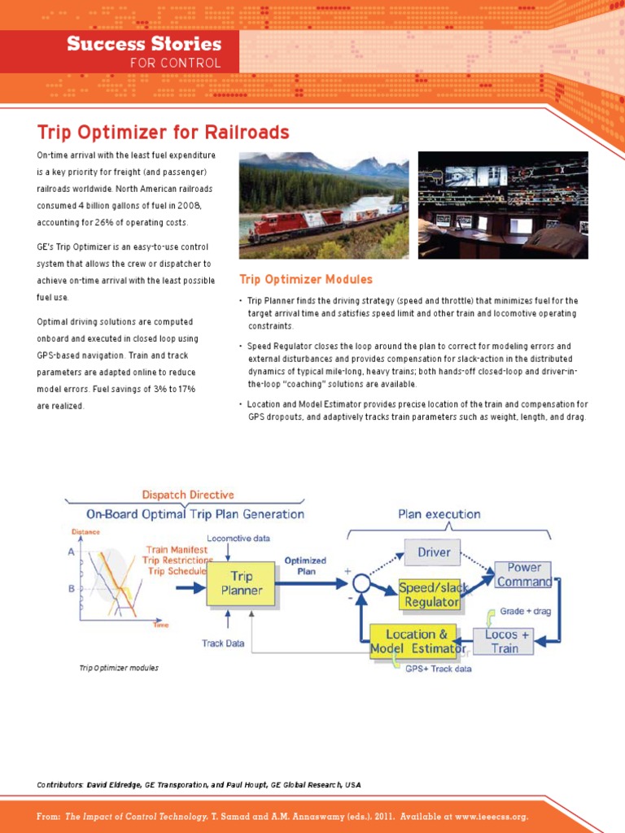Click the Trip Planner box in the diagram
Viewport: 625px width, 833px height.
241,583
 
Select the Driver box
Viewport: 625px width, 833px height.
433,552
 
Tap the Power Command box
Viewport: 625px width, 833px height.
523,574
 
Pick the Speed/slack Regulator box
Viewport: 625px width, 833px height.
428,595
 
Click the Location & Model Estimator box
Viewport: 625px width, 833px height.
417,641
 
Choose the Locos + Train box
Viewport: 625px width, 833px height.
506,641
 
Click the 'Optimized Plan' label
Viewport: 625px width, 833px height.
305,565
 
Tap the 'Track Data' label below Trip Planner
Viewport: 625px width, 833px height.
223,643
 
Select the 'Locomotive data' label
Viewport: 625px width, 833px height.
238,538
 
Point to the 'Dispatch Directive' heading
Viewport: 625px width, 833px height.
187,494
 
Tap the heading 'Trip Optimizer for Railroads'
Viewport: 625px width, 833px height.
163,132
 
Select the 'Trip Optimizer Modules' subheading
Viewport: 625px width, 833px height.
306,279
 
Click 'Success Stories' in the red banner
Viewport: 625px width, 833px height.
144,44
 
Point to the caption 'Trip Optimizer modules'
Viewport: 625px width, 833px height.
119,668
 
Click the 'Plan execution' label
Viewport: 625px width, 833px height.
439,514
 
